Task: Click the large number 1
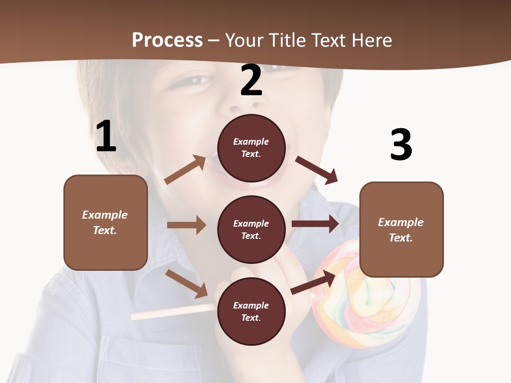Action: (x=106, y=137)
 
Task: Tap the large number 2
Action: (x=251, y=80)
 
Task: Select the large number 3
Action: (x=401, y=145)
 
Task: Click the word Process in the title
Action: (x=167, y=40)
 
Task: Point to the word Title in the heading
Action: (x=287, y=40)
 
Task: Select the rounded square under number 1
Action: (x=105, y=222)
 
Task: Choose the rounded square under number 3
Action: (x=401, y=229)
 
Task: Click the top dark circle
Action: (x=251, y=148)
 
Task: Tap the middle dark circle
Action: (x=251, y=229)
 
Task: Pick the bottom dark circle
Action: (x=251, y=311)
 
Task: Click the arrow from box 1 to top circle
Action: (x=185, y=170)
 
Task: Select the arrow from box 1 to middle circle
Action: (x=186, y=225)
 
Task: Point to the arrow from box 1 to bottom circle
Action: (x=186, y=283)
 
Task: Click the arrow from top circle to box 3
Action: (x=317, y=170)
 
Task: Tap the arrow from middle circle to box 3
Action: (x=315, y=223)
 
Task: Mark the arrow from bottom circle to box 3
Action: (x=314, y=282)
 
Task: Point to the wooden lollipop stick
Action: (x=170, y=312)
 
